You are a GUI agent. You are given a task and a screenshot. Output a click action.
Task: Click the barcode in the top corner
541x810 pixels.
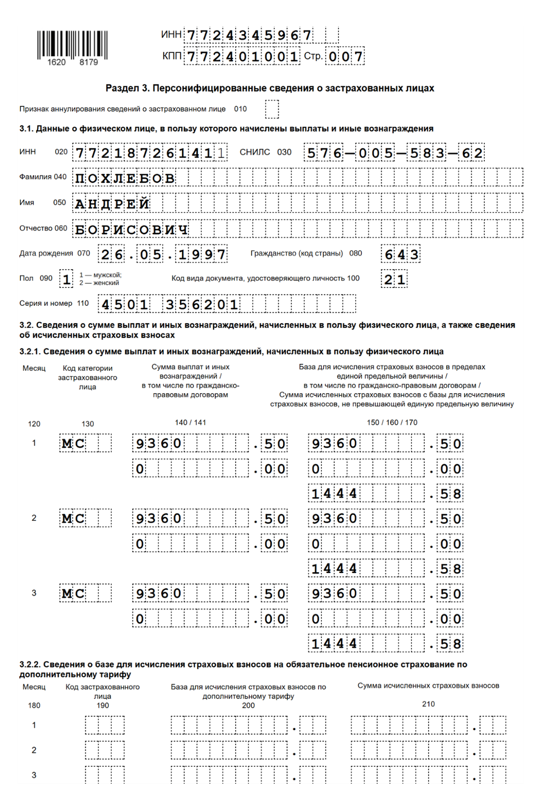(72, 45)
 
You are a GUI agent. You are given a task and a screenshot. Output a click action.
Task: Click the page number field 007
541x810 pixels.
(345, 56)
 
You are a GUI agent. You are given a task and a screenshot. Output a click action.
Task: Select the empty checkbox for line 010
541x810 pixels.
(272, 109)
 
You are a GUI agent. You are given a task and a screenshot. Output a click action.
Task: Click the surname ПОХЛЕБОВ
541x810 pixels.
(125, 178)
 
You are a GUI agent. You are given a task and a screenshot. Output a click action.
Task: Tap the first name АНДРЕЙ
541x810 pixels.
(112, 204)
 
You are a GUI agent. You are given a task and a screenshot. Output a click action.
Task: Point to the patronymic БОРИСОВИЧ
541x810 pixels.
(131, 229)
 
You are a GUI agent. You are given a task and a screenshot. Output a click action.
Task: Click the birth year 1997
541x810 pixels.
(202, 254)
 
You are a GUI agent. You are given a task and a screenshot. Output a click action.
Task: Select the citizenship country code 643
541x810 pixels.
(401, 254)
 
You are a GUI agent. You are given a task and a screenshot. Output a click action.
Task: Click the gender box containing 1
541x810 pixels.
(66, 279)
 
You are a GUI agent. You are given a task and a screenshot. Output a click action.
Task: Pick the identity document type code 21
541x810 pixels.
(394, 279)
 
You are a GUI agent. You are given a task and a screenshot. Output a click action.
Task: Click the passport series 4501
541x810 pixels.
(125, 305)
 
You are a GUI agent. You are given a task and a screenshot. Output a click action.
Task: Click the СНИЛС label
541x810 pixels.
(255, 152)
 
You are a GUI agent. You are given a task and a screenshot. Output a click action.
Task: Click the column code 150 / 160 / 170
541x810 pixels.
(392, 422)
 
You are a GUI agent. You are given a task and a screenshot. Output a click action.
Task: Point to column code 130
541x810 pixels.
(88, 424)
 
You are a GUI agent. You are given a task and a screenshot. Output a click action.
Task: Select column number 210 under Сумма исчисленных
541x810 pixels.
(428, 704)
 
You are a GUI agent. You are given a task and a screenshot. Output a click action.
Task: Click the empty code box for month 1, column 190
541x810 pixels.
(105, 725)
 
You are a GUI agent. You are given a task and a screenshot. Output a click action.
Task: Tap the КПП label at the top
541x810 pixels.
(171, 56)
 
